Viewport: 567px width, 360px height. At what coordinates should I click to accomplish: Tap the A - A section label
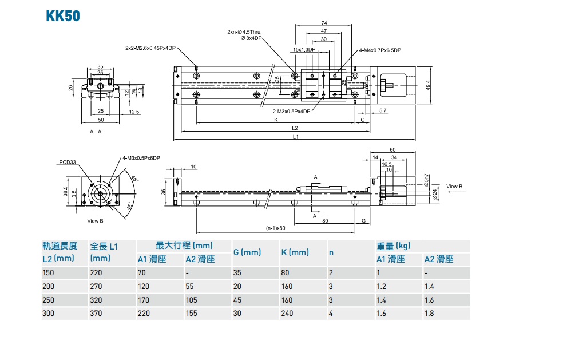(x=96, y=131)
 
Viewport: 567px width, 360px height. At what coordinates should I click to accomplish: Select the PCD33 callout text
(x=67, y=162)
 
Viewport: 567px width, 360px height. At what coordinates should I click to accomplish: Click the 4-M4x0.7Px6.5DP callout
(x=380, y=50)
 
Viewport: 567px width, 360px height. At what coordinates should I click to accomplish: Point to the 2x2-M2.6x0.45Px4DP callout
(x=150, y=48)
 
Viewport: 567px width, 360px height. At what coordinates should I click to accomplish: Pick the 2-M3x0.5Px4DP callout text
(x=291, y=111)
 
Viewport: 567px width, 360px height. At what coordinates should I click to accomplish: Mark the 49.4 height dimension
(x=428, y=85)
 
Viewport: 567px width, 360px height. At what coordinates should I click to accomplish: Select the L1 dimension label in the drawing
(x=295, y=137)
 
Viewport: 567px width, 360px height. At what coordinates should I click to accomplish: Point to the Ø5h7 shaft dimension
(x=426, y=180)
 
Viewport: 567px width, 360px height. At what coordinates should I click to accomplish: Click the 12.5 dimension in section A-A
(x=134, y=112)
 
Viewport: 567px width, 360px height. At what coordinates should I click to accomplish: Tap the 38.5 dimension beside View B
(x=66, y=191)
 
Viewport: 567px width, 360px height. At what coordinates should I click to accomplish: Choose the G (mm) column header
(x=247, y=252)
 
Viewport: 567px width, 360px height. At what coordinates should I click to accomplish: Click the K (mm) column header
(x=295, y=252)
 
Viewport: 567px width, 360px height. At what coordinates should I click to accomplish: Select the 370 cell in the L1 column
(x=96, y=314)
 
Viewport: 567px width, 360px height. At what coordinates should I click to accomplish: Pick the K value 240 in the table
(x=287, y=314)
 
